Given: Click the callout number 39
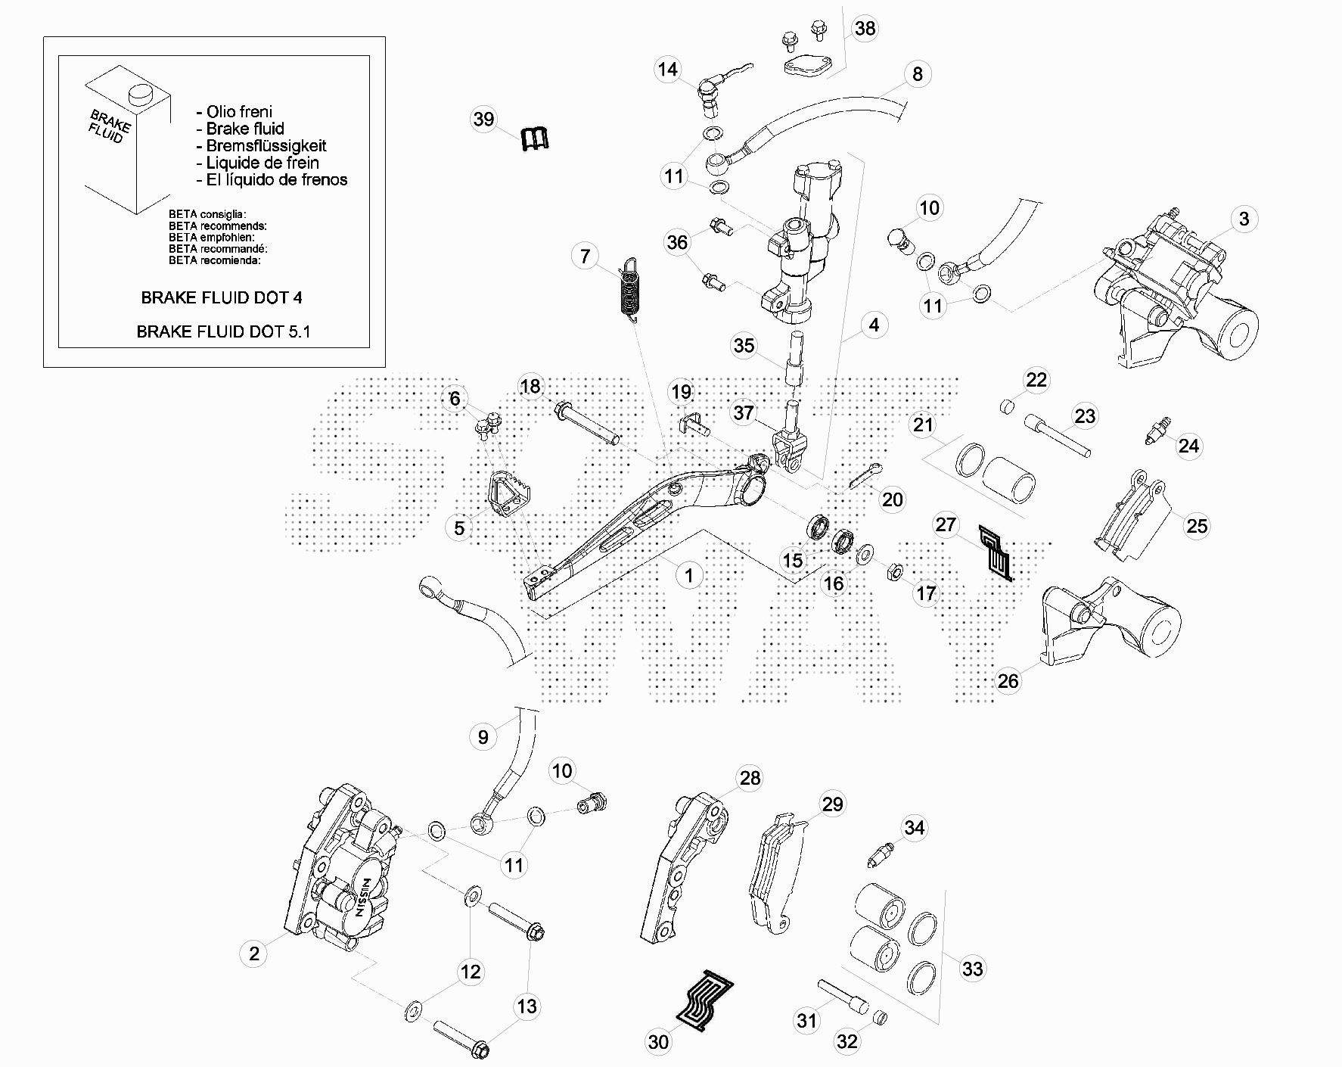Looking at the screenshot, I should pyautogui.click(x=483, y=120).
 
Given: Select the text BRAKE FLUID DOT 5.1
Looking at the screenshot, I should pyautogui.click(x=223, y=331).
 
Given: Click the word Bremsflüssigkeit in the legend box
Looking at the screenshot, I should pyautogui.click(x=266, y=146).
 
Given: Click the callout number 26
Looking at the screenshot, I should pyautogui.click(x=1008, y=681).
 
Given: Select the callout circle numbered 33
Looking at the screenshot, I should pyautogui.click(x=972, y=969).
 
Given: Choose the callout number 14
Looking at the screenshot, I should pyautogui.click(x=667, y=70).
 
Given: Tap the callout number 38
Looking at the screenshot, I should pyautogui.click(x=864, y=29).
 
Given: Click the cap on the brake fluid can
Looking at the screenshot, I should pyautogui.click(x=140, y=94).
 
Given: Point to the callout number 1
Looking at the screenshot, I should pyautogui.click(x=688, y=576).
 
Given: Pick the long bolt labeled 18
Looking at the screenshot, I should pyautogui.click(x=589, y=425).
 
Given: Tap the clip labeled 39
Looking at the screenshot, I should pyautogui.click(x=535, y=139).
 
